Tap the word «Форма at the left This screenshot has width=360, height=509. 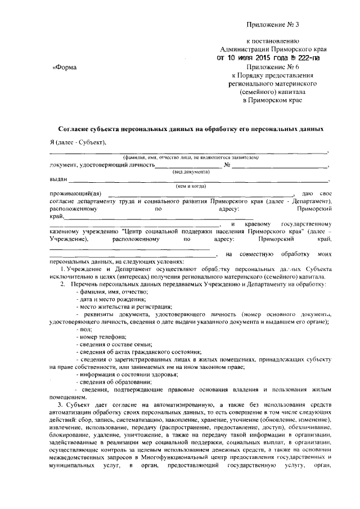pos(64,67)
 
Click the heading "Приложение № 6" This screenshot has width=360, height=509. pos(272,66)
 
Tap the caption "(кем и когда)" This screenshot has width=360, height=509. pos(191,186)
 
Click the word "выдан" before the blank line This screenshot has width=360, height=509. pos(58,179)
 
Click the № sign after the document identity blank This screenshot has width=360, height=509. pos(227,165)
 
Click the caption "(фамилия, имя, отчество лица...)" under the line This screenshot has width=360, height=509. pos(191,157)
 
